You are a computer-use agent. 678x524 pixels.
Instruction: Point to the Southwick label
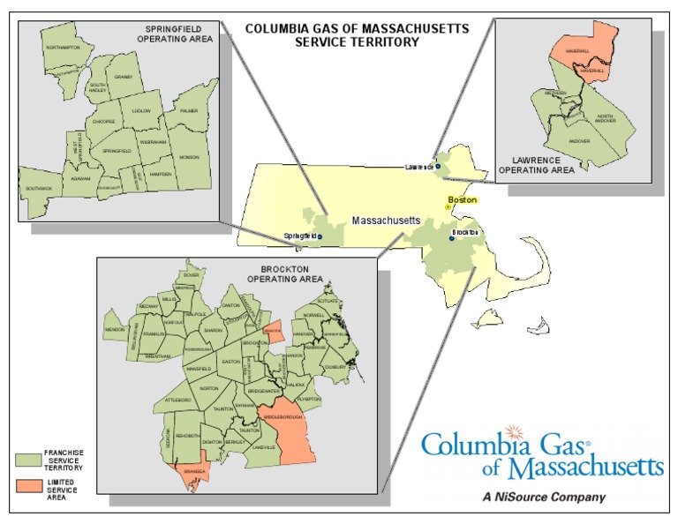(39, 188)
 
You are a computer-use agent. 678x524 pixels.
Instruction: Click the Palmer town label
(189, 111)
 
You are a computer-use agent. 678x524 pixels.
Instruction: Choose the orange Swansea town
(195, 471)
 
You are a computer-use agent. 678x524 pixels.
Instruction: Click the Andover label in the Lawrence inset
(579, 140)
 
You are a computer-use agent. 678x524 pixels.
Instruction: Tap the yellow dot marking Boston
(448, 207)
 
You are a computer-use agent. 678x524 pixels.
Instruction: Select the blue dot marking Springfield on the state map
(320, 237)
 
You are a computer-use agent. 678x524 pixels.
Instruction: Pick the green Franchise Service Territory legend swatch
(29, 460)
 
